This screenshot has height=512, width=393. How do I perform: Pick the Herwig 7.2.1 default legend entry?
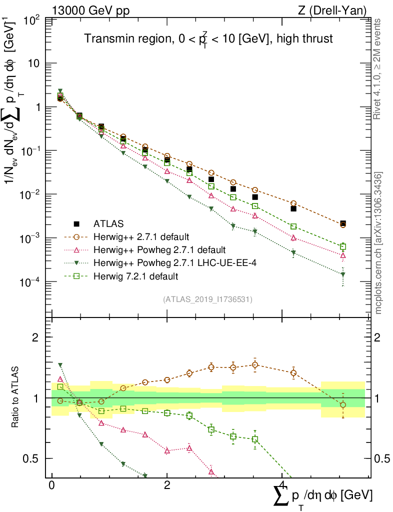(x=135, y=275)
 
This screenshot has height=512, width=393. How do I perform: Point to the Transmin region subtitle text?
(x=207, y=39)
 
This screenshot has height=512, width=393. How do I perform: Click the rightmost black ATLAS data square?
(x=343, y=223)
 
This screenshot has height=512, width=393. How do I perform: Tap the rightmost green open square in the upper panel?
(x=343, y=246)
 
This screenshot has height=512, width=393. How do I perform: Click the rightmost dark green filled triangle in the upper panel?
(x=343, y=274)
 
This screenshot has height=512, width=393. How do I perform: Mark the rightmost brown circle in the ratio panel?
(x=343, y=404)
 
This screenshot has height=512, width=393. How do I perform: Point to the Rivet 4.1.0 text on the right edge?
(x=378, y=70)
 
